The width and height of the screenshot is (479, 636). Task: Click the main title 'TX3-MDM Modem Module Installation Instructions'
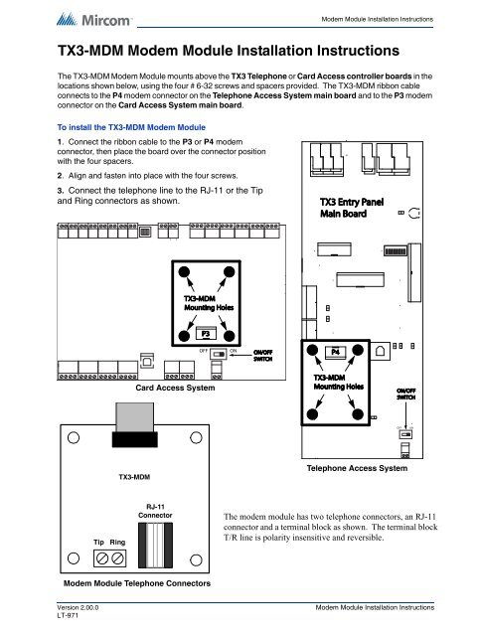coord(216,49)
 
